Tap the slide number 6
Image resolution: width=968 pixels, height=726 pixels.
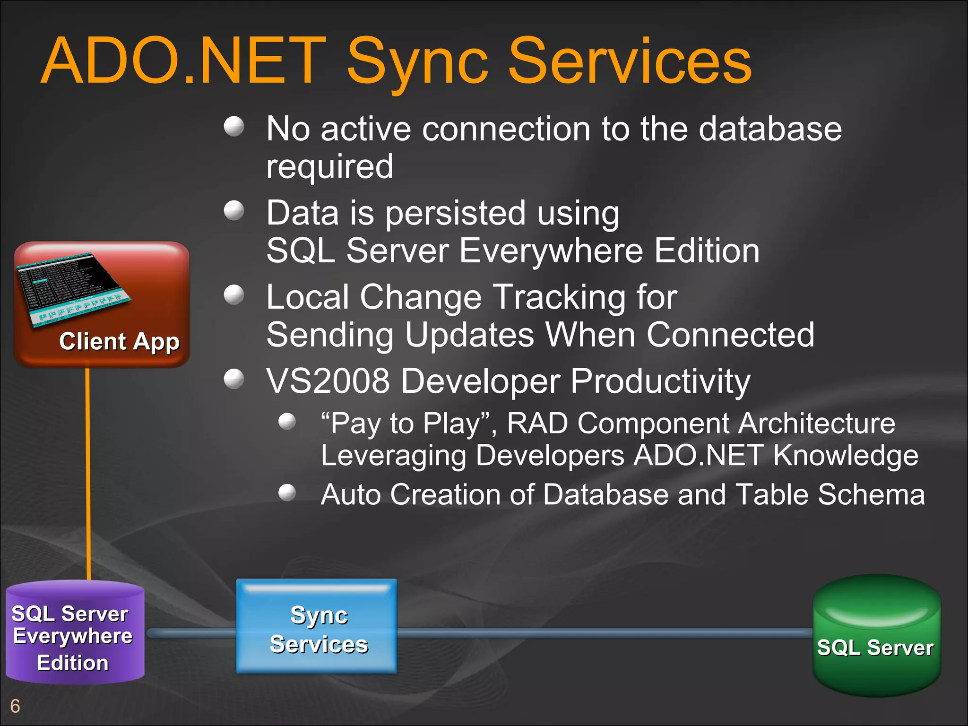pos(15,706)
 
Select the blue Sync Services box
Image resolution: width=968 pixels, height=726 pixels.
pos(317,626)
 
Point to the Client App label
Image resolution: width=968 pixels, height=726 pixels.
pos(119,341)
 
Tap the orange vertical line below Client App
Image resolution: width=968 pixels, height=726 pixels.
pos(88,473)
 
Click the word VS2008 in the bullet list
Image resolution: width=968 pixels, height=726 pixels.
pos(328,381)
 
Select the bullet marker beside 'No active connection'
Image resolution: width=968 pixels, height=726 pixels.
pos(234,127)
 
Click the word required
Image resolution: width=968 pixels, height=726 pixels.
pos(329,166)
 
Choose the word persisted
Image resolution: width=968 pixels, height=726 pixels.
pos(455,213)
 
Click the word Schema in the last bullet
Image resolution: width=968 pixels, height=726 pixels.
pos(871,495)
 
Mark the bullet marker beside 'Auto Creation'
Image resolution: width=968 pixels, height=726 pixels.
pos(287,493)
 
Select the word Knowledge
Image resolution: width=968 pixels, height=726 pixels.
pos(846,456)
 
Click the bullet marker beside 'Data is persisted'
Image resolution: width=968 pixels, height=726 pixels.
pos(234,211)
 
